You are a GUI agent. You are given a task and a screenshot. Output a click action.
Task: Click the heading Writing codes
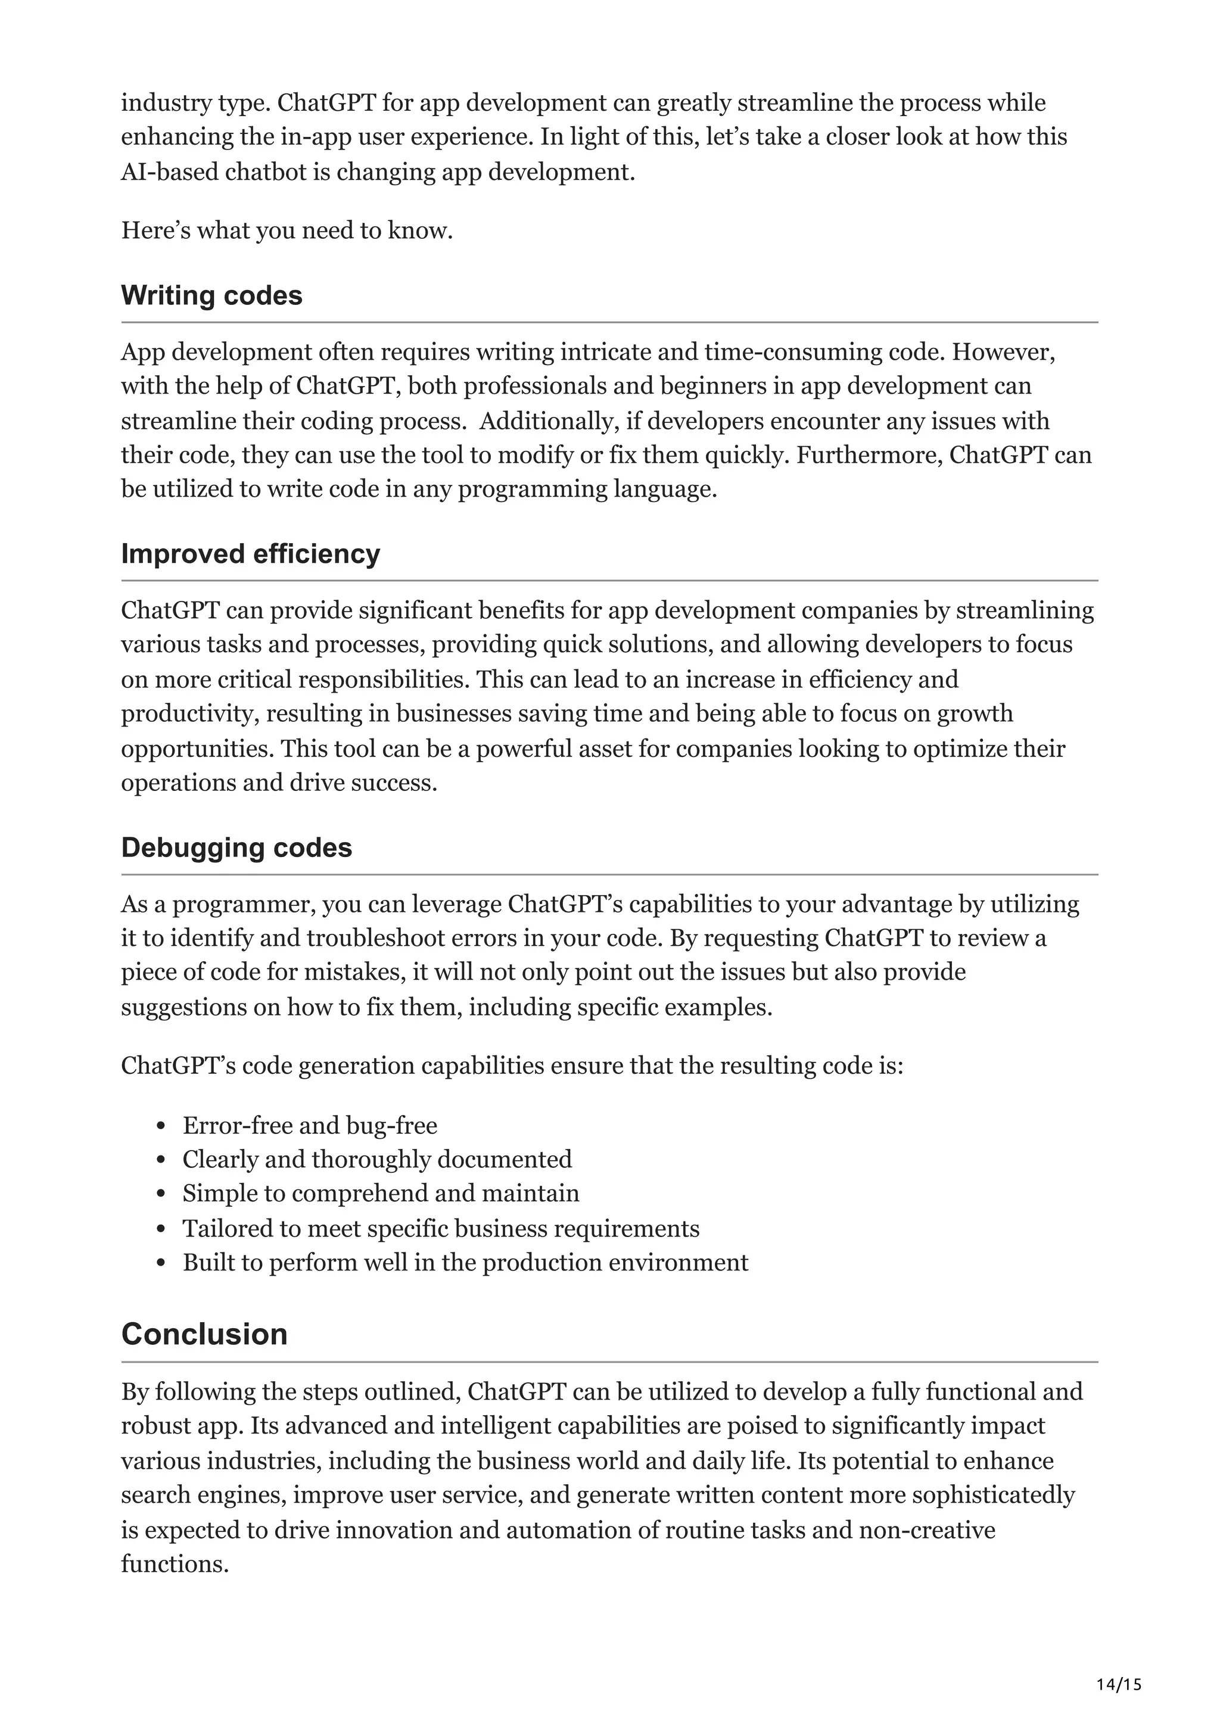(211, 295)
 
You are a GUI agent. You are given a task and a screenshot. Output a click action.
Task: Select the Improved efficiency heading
(250, 553)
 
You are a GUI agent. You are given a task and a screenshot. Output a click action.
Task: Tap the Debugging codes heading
(236, 847)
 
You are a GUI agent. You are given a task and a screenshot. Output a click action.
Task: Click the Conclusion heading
(204, 1334)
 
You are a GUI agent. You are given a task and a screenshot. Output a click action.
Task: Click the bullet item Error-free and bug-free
(310, 1126)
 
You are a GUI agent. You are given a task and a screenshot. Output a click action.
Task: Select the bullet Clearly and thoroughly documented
(376, 1159)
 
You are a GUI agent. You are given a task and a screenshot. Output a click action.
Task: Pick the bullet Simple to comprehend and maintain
(381, 1193)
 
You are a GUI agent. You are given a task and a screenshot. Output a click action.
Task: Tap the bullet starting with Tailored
(440, 1228)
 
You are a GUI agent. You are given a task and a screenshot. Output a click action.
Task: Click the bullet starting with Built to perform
(465, 1262)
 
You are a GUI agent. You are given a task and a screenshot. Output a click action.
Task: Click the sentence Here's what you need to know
(287, 230)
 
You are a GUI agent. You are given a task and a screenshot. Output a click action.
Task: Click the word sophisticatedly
(993, 1496)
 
